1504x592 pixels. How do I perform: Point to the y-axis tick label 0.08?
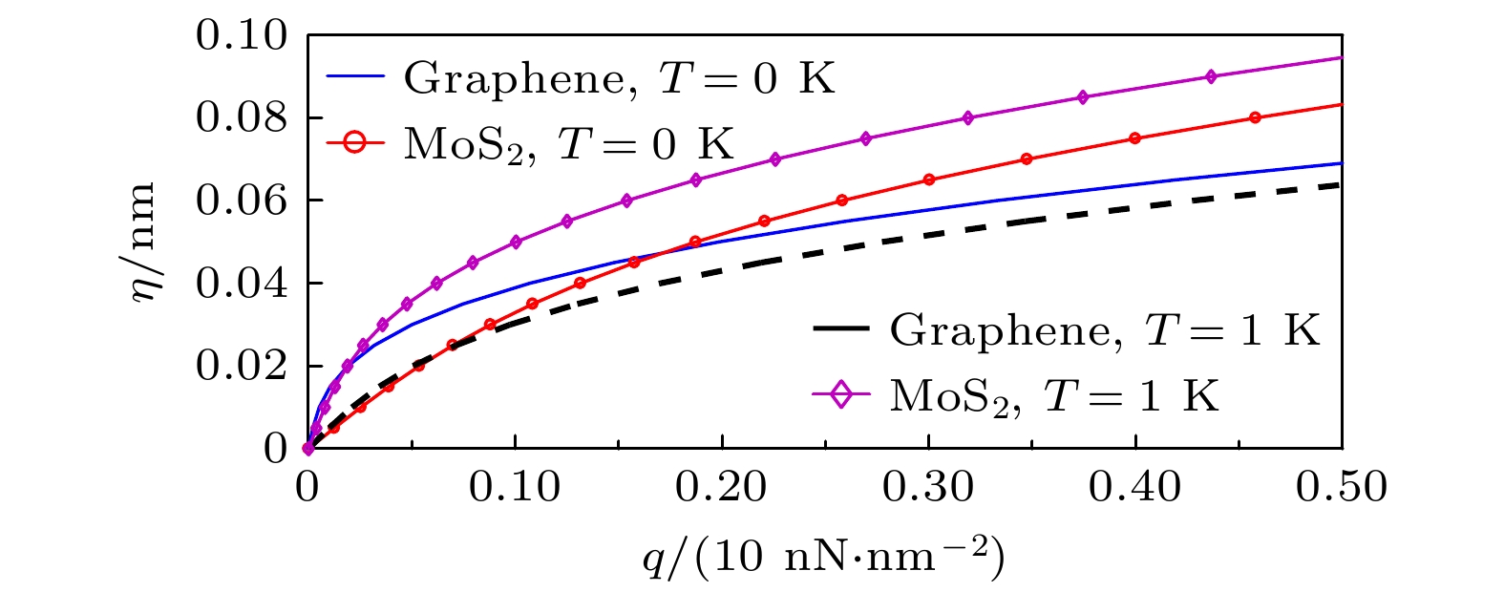[241, 119]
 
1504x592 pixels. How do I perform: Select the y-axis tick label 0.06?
[241, 201]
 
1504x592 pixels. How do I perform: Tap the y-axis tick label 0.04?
[241, 285]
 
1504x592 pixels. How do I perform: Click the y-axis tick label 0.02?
[241, 367]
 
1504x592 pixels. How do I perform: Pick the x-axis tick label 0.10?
[515, 487]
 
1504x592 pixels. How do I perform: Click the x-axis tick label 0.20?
[722, 487]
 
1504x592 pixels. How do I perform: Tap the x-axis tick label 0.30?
[928, 487]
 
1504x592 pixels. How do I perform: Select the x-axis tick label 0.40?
[1135, 487]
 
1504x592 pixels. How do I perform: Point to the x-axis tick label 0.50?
[1341, 487]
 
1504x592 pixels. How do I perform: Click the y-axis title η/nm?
[143, 242]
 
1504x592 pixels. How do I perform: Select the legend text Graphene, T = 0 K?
[619, 78]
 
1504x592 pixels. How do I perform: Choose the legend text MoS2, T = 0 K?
[569, 144]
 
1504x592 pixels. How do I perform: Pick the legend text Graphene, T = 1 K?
[1105, 330]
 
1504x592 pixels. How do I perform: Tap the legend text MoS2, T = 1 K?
[1054, 394]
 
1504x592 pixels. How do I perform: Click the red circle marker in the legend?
[355, 144]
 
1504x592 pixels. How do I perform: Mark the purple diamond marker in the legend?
[841, 394]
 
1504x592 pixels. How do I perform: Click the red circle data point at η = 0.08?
[1255, 117]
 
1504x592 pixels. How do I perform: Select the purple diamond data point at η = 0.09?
[1211, 76]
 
